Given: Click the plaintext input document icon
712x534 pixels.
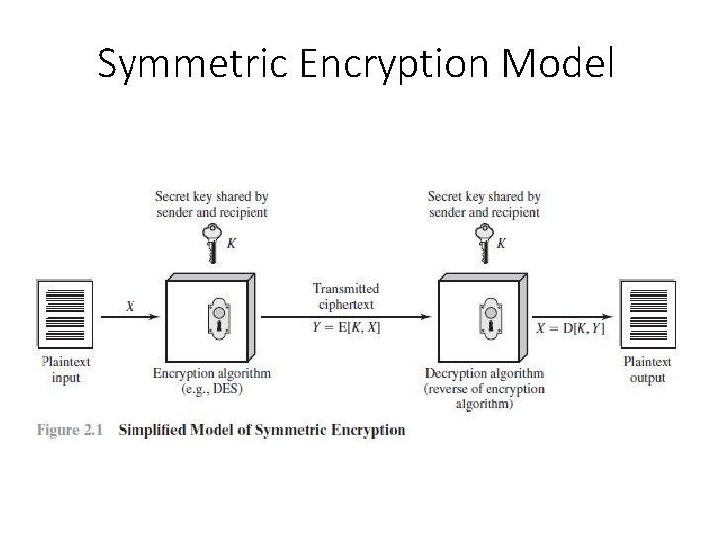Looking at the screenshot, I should (66, 314).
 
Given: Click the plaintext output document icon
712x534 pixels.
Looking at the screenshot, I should (649, 314).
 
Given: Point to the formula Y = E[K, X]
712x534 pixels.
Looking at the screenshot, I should (346, 328).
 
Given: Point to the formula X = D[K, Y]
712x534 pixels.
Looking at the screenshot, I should (571, 328).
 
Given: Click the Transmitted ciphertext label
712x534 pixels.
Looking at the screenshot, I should (346, 296).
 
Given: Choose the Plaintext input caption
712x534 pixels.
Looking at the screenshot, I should (66, 370).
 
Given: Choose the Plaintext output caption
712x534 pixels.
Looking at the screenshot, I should (648, 370).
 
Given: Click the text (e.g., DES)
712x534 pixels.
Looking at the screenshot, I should (212, 389).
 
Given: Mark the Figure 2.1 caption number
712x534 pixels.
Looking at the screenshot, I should (71, 430).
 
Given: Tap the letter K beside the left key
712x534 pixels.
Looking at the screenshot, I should (231, 243).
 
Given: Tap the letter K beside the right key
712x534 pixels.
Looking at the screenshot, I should (502, 243).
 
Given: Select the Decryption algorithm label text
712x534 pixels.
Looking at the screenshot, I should (485, 373).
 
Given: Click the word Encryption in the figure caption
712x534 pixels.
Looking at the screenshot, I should (367, 430).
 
